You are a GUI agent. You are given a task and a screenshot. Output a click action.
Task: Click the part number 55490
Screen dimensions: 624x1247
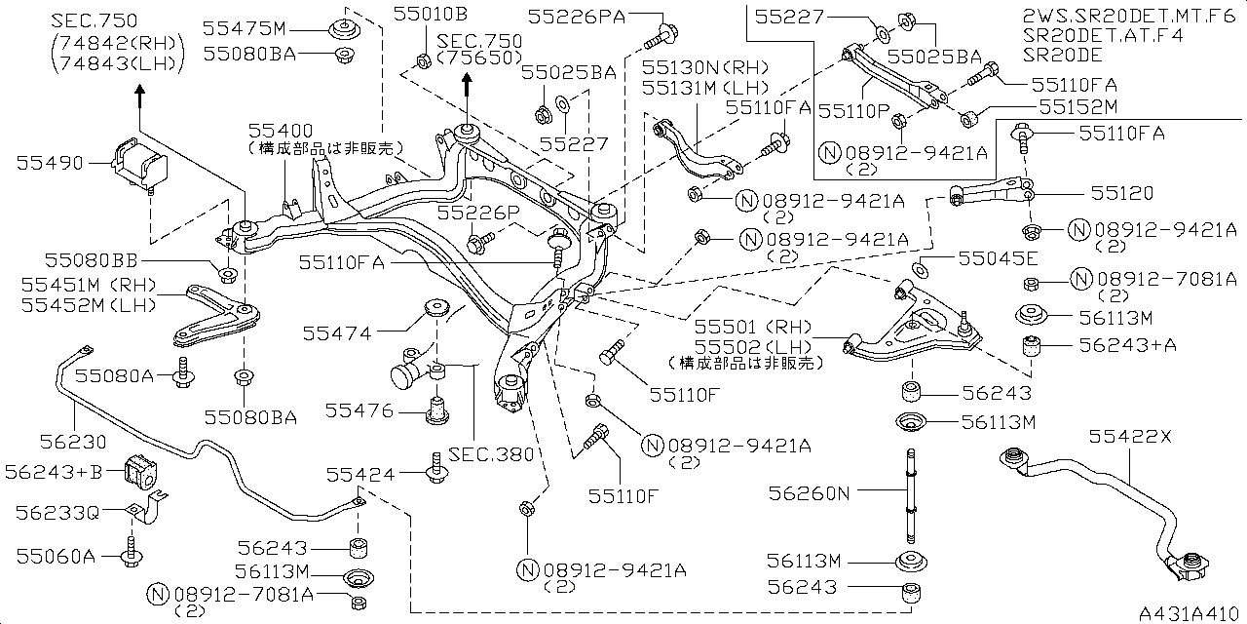click(48, 164)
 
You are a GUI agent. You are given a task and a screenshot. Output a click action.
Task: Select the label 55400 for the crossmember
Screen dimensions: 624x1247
click(280, 130)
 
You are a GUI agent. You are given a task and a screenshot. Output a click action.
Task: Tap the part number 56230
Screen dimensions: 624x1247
click(73, 442)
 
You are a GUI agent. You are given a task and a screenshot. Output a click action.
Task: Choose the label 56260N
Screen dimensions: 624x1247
click(810, 493)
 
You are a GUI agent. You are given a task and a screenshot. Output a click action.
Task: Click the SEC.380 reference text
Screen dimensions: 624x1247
click(492, 453)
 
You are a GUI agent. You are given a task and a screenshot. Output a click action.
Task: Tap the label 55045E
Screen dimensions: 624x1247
click(998, 258)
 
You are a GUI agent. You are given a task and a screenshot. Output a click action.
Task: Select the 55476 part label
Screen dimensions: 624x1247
click(359, 411)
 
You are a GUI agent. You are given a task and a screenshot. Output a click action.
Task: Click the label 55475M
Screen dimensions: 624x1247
click(245, 29)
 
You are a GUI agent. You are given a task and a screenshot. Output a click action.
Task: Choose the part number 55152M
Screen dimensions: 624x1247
click(1077, 106)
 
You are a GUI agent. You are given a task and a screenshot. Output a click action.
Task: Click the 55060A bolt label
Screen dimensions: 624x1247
click(56, 557)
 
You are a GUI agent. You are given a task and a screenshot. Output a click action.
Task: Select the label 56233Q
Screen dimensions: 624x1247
click(57, 511)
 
